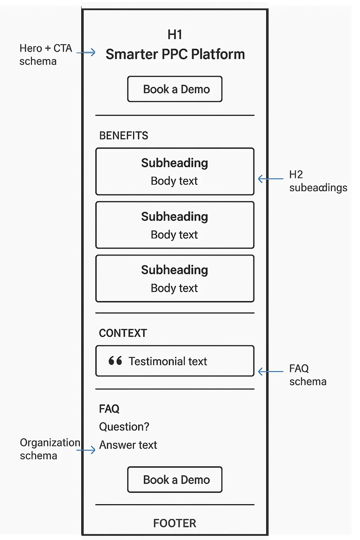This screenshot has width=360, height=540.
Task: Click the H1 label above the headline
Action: click(x=175, y=35)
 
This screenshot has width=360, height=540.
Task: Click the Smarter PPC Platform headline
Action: click(x=175, y=54)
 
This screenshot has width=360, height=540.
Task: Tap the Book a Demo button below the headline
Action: click(x=175, y=89)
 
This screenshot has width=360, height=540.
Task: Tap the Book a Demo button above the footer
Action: click(x=175, y=480)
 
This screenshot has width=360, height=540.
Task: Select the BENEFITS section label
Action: click(x=123, y=136)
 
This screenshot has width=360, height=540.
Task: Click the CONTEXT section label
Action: click(x=123, y=333)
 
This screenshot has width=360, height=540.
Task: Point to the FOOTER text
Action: click(x=174, y=523)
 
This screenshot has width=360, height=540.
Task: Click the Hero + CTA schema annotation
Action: click(x=45, y=54)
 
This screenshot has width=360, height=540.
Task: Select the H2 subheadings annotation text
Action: click(x=318, y=181)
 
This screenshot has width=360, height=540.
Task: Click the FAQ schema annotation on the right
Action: click(x=308, y=375)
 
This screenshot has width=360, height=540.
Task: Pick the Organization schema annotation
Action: click(x=50, y=449)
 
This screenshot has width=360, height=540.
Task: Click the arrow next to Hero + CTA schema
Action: click(x=86, y=52)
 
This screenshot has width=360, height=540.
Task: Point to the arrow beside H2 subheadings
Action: click(x=270, y=179)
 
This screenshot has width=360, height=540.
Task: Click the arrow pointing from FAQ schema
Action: click(x=270, y=372)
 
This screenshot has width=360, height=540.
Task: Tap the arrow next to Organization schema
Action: click(x=86, y=450)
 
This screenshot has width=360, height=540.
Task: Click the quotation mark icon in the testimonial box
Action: click(x=115, y=361)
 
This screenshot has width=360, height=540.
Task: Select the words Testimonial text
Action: click(x=168, y=361)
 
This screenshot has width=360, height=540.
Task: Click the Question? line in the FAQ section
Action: click(x=124, y=427)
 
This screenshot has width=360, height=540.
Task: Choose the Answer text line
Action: click(x=128, y=445)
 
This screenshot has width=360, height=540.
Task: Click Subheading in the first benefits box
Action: click(x=174, y=163)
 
